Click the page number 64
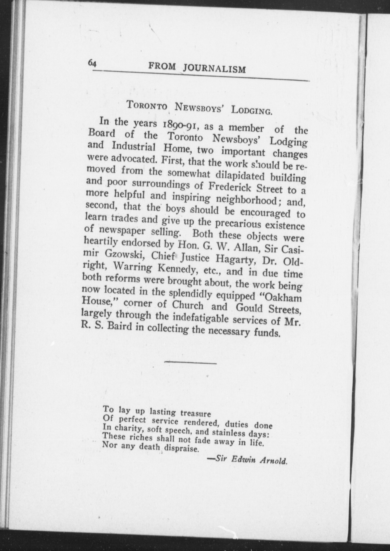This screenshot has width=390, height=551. [x=92, y=64]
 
